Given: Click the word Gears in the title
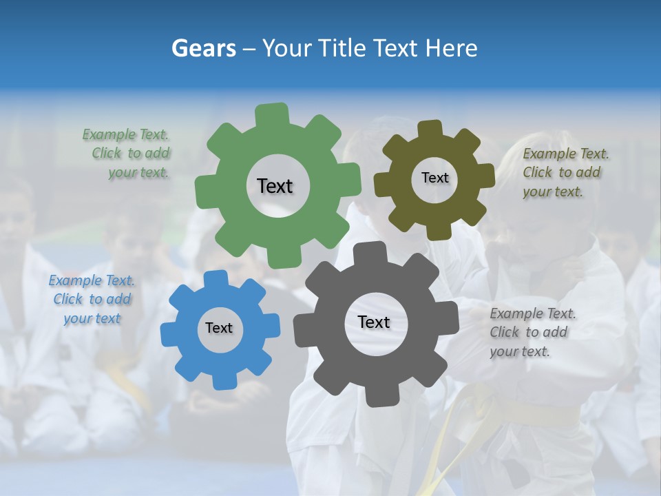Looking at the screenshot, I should click(x=203, y=48).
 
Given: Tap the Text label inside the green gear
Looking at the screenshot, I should click(x=275, y=186).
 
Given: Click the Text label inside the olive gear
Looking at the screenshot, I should click(x=434, y=178).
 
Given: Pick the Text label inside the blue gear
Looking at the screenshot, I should click(x=219, y=328).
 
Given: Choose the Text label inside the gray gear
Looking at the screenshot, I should click(x=374, y=322).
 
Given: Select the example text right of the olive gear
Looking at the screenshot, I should click(x=565, y=173).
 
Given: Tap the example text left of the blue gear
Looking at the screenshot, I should click(x=92, y=300).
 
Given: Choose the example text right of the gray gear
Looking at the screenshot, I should click(x=532, y=332).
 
